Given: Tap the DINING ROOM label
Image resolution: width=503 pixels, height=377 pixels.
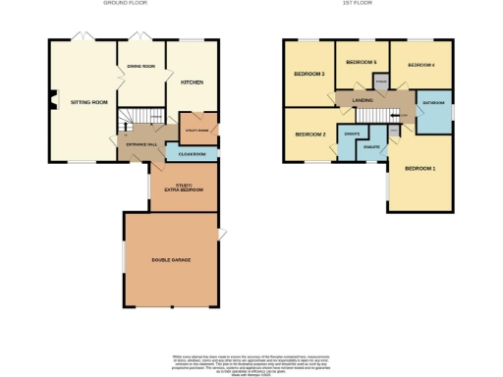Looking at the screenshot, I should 141,66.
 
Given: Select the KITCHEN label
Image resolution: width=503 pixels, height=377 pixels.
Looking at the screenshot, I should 192,82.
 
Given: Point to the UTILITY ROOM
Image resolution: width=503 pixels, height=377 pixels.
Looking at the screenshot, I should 196,129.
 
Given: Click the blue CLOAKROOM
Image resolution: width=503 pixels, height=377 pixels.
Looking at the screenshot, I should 192,153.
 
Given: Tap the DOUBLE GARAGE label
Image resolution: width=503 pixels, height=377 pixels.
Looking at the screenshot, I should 170,260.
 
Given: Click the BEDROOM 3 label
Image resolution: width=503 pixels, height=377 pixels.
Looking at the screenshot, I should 308,74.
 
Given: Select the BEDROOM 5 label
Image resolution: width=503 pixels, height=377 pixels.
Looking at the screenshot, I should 362,62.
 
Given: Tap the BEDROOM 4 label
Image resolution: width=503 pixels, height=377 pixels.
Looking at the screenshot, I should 420,64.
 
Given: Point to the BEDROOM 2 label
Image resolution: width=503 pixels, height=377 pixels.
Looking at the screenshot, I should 308,134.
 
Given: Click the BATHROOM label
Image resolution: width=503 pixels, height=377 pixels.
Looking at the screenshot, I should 433,102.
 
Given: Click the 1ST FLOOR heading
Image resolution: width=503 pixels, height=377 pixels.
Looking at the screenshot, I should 368,4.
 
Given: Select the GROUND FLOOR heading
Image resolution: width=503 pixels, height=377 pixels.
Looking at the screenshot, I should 124,4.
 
